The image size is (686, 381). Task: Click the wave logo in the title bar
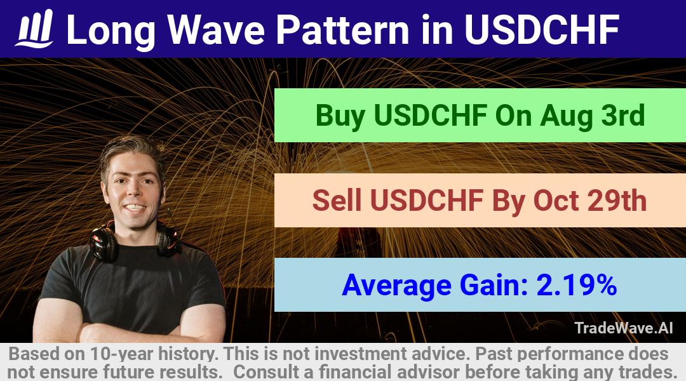34,29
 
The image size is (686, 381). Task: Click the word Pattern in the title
342,29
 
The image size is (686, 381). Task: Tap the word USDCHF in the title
542,29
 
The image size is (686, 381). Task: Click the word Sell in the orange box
337,200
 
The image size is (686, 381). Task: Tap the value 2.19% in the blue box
576,284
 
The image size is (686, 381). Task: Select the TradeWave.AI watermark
624,328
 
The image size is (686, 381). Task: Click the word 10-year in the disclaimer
121,354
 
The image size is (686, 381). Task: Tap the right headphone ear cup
168,241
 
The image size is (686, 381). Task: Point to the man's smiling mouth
135,208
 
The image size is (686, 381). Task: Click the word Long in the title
111,30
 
